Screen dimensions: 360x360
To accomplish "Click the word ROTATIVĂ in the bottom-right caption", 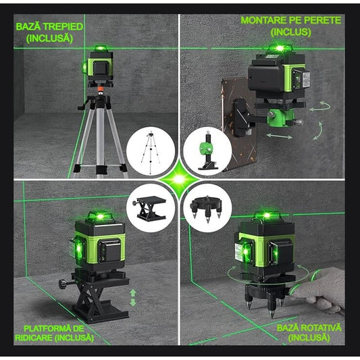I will pos(317,328).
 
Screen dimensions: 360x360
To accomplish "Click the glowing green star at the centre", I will pos(180,180).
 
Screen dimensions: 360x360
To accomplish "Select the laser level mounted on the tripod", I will pos(101,68).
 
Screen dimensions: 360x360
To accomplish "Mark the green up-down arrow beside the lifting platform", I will pos(133,297).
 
